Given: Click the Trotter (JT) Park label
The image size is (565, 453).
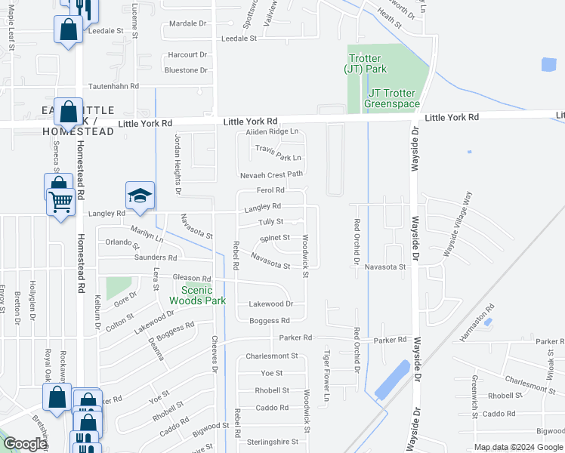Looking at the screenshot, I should pyautogui.click(x=365, y=63).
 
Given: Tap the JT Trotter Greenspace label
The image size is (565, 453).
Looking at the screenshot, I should pyautogui.click(x=391, y=98).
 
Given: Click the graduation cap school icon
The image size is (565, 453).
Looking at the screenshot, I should pyautogui.click(x=140, y=196).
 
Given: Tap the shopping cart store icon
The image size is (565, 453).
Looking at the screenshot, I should pyautogui.click(x=60, y=200).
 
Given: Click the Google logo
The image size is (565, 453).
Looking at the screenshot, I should pyautogui.click(x=24, y=445).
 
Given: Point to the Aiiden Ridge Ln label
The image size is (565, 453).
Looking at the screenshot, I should pyautogui.click(x=272, y=132).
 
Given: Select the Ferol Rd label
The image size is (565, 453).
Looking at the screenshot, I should pyautogui.click(x=270, y=190).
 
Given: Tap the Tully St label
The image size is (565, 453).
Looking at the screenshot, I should pyautogui.click(x=270, y=222).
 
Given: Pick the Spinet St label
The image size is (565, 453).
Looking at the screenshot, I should pyautogui.click(x=275, y=238).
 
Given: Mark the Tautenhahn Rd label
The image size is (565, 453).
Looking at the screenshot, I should pyautogui.click(x=114, y=87).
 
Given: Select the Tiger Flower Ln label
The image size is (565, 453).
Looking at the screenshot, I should pyautogui.click(x=327, y=375).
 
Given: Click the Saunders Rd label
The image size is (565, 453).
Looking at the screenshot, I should pyautogui.click(x=150, y=257).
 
